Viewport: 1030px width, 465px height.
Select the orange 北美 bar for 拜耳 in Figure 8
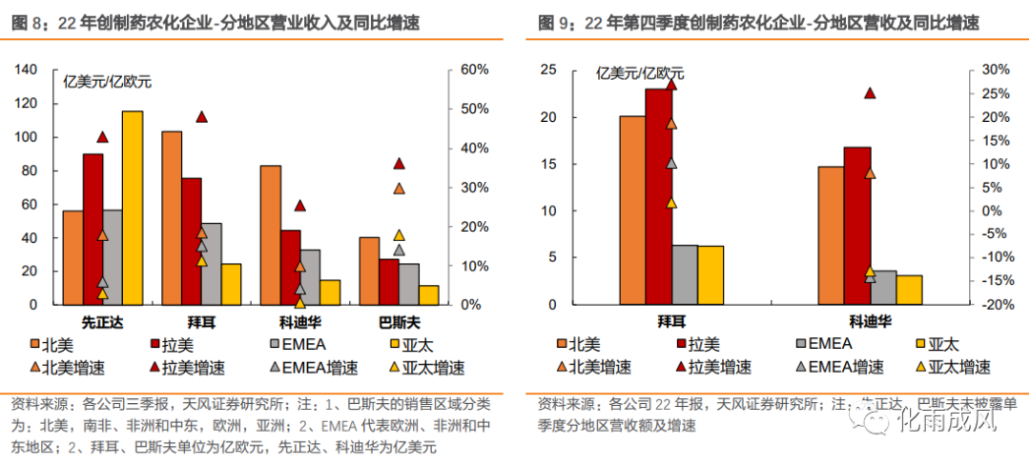pyautogui.click(x=172, y=218)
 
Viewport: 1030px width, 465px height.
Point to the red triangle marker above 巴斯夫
pyautogui.click(x=400, y=163)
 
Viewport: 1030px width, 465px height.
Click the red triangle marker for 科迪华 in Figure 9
pyautogui.click(x=869, y=92)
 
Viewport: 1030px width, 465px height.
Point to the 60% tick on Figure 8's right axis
pyautogui.click(x=475, y=70)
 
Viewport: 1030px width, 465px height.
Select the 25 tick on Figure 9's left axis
pyautogui.click(x=547, y=70)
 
